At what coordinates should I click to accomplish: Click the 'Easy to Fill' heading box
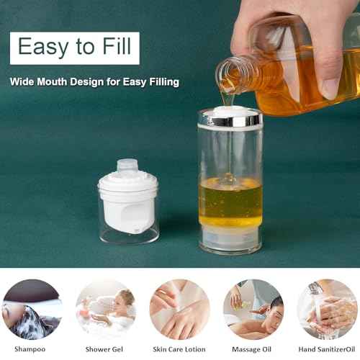coord(74,48)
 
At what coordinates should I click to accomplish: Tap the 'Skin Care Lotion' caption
coord(179,348)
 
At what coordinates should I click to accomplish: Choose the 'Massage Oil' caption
coord(252,348)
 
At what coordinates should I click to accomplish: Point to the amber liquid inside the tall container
coord(230,202)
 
